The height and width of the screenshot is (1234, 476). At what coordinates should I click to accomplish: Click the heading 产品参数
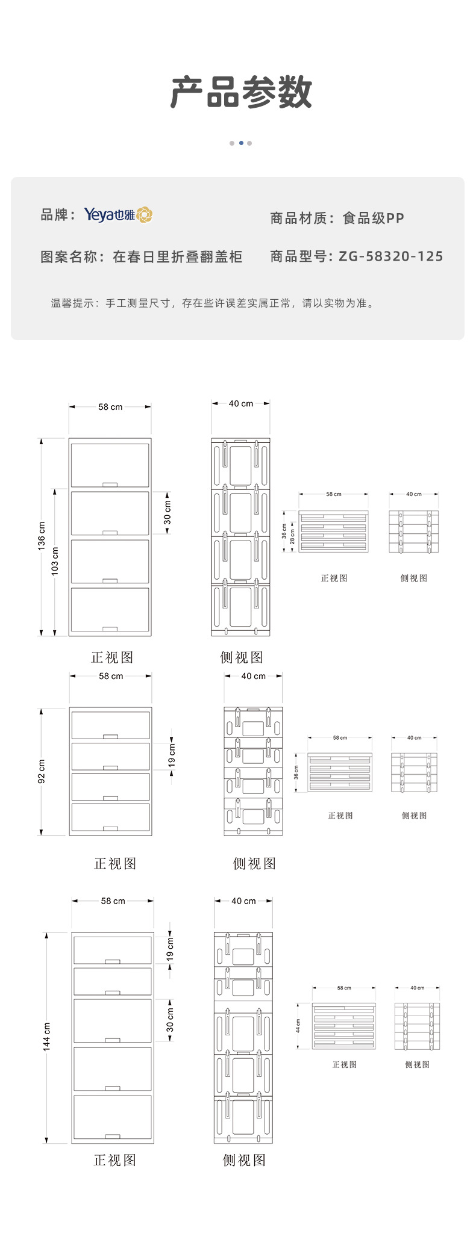(241, 93)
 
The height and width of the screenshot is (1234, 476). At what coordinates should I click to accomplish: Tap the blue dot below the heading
(241, 143)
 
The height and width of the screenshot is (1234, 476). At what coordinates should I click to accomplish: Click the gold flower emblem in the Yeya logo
(145, 215)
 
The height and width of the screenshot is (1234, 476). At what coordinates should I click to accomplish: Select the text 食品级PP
(373, 219)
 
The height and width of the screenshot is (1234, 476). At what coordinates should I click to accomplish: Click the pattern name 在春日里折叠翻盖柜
(177, 257)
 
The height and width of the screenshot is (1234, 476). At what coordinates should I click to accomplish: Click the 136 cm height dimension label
(42, 536)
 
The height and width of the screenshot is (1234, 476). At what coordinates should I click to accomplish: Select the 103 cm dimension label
(55, 560)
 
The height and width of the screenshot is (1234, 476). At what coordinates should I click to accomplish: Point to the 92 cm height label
(42, 771)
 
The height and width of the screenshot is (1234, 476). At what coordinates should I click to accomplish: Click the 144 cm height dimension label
(46, 1037)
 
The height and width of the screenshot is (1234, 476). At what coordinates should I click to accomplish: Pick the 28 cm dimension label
(293, 537)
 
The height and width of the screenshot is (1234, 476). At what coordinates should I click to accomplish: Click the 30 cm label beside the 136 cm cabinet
(168, 512)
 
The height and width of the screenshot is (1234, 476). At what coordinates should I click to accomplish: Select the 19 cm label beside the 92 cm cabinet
(172, 755)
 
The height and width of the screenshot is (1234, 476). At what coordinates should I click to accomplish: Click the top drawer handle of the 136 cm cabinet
(110, 484)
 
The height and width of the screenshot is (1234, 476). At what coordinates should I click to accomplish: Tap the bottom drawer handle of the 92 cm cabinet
(110, 829)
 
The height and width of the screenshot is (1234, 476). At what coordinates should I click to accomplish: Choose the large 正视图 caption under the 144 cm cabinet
(114, 1160)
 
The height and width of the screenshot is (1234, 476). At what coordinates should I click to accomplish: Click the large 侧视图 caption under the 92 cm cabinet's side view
(254, 864)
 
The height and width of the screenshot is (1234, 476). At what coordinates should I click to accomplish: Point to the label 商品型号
(298, 256)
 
